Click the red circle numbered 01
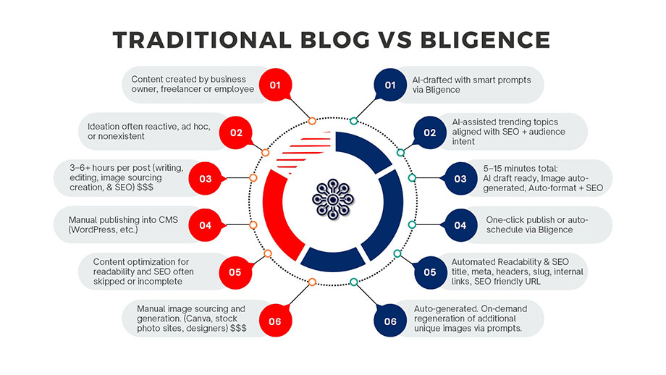(275, 85)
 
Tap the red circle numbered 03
(206, 178)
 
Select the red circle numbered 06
(275, 321)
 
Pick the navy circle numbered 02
(430, 132)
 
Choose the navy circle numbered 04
(460, 225)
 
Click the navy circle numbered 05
(430, 272)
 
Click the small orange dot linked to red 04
(253, 225)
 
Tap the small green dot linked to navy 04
(412, 225)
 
